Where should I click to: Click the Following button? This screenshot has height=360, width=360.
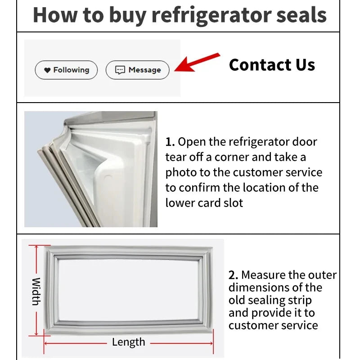pyautogui.click(x=66, y=70)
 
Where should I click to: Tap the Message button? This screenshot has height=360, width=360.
pyautogui.click(x=137, y=70)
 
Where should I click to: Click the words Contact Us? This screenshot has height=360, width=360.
pyautogui.click(x=272, y=65)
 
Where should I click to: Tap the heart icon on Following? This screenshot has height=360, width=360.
pyautogui.click(x=47, y=70)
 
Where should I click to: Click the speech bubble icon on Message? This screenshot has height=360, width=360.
pyautogui.click(x=120, y=70)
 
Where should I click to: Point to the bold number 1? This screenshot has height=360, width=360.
pyautogui.click(x=169, y=142)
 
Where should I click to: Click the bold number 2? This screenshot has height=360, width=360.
pyautogui.click(x=233, y=275)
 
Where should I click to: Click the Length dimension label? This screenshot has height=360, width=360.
pyautogui.click(x=128, y=342)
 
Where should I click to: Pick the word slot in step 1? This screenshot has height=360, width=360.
pyautogui.click(x=232, y=202)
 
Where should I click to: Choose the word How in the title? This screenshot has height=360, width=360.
pyautogui.click(x=51, y=15)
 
